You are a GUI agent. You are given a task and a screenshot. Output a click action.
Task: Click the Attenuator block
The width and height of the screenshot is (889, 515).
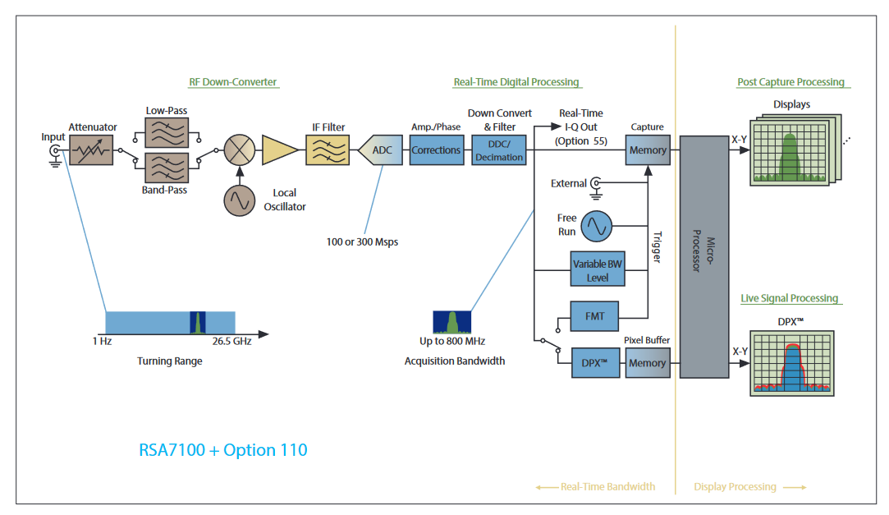tap(90, 150)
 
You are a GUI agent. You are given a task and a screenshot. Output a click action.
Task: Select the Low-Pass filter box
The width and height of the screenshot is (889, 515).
tap(166, 131)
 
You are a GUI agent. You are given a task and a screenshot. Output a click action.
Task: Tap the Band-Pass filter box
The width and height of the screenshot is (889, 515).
tap(166, 168)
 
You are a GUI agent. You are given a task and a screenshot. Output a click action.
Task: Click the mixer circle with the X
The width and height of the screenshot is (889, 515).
tap(241, 150)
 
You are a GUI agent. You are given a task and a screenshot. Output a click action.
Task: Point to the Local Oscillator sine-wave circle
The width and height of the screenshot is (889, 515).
tap(240, 200)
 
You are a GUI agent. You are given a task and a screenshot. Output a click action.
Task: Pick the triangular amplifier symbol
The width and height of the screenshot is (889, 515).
tap(279, 150)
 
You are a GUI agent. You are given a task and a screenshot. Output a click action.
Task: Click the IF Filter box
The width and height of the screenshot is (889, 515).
tap(328, 150)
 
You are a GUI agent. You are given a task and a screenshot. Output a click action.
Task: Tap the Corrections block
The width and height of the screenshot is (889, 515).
tap(436, 150)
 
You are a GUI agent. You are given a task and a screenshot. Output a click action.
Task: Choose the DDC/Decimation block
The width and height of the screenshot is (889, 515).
tap(498, 150)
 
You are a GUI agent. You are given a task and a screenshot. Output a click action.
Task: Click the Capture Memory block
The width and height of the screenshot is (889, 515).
tap(647, 150)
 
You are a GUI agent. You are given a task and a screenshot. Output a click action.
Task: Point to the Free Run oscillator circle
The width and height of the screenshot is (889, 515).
tap(597, 225)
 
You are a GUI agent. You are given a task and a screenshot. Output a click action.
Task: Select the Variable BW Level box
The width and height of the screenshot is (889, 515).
tap(597, 269)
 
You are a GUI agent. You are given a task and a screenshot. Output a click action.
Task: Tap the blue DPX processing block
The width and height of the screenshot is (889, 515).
tap(594, 362)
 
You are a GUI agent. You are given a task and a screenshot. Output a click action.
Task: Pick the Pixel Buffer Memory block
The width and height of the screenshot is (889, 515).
tap(647, 362)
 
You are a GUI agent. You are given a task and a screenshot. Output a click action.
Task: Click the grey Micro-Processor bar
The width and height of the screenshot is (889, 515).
tap(703, 256)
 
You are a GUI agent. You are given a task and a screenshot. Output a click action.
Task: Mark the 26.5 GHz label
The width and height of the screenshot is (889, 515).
tap(231, 341)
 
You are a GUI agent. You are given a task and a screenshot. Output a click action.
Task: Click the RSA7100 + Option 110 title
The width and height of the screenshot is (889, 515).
tap(223, 450)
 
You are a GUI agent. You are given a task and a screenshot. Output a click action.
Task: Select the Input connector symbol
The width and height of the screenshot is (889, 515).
tap(56, 151)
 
